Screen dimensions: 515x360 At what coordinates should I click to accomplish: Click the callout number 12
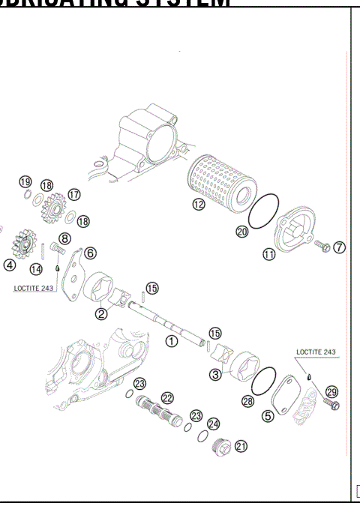(198, 205)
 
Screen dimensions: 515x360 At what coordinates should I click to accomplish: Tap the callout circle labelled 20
(242, 232)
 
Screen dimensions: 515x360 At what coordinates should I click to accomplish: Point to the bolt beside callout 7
(321, 245)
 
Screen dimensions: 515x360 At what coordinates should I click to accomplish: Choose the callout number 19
(25, 183)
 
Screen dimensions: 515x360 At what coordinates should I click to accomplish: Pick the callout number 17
(73, 194)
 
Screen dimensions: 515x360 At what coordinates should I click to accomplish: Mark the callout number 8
(64, 239)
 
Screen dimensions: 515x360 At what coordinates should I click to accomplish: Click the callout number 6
(89, 253)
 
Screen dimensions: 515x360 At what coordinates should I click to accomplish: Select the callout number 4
(9, 264)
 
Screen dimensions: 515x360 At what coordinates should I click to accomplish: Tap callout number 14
(36, 268)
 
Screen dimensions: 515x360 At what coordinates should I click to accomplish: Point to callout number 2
(100, 313)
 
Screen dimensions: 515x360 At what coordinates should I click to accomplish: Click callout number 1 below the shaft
(171, 340)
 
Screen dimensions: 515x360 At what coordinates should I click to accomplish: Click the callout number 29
(332, 392)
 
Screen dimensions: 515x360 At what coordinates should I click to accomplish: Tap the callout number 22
(167, 397)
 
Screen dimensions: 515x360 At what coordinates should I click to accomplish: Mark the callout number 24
(213, 424)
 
